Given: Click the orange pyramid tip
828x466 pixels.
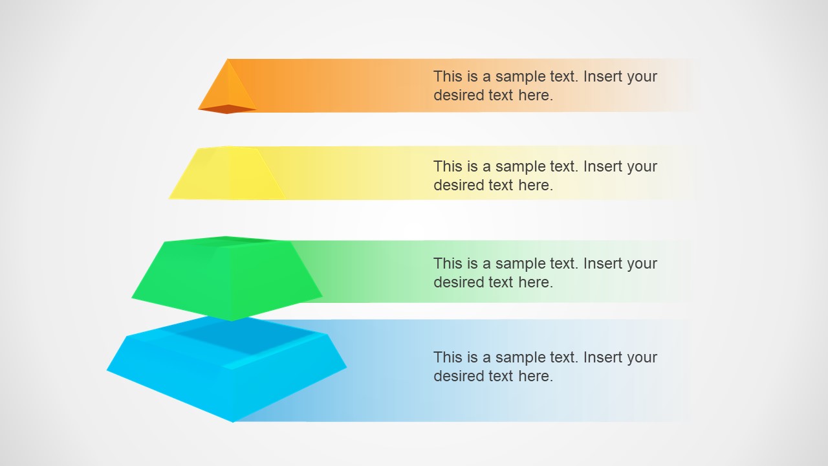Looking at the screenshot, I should (x=228, y=87).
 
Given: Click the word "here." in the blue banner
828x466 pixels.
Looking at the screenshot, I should (x=536, y=376).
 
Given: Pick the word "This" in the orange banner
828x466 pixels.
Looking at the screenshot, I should (x=448, y=76).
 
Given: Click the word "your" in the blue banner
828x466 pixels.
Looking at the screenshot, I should (x=642, y=357).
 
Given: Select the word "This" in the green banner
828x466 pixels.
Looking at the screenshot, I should (x=448, y=263).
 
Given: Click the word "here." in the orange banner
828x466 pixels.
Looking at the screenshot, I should (x=536, y=95).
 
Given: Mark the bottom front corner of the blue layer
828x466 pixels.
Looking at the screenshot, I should (x=233, y=421).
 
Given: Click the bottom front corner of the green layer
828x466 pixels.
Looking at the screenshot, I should (x=232, y=320).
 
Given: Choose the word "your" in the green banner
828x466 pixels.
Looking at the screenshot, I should (x=642, y=263).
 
